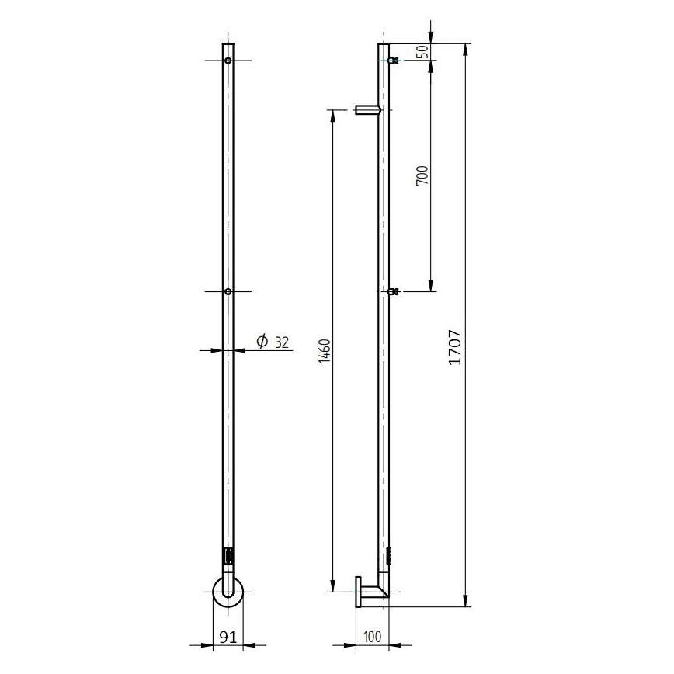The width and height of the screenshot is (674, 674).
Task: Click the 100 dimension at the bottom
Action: [372, 637]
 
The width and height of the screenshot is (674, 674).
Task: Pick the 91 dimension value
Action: [228, 637]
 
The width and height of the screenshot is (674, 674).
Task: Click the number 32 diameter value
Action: [281, 341]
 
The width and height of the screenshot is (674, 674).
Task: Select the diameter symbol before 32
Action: [262, 341]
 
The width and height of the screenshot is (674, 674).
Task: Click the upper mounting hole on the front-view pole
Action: [228, 61]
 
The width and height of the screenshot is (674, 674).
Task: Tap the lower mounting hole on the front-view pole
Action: [228, 292]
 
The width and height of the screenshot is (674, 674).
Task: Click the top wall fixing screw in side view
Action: [394, 61]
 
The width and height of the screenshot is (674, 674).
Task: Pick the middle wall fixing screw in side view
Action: [394, 292]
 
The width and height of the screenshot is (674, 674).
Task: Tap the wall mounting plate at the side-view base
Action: [358, 592]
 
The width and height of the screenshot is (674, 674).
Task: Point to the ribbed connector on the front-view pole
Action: [228, 558]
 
